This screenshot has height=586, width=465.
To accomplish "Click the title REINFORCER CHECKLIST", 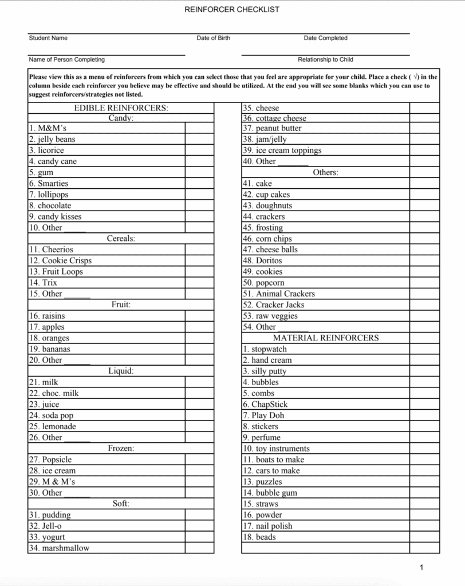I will coord(232,10).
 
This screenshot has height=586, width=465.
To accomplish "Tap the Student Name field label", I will coord(48,38).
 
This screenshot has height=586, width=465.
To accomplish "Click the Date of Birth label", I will coord(213,38).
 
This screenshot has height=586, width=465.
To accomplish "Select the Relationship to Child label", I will coord(325,60).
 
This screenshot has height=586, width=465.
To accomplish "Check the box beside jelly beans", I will coord(199,140).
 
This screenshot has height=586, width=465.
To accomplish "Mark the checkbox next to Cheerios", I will coord(199,250).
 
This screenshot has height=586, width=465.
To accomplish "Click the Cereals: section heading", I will coord(121,239).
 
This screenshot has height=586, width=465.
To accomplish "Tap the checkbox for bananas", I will coord(199,349).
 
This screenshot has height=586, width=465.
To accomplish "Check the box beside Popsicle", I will coord(199,460).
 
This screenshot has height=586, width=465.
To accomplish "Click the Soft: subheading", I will coord(121,504).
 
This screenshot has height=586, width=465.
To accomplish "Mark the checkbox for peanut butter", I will coord(424,129).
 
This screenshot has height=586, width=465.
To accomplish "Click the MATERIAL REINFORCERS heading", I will coord(326,338).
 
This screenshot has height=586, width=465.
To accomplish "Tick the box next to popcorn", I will coord(424,283).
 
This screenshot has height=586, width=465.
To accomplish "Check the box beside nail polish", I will coord(424,526).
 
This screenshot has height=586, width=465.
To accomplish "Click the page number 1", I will coord(421,568).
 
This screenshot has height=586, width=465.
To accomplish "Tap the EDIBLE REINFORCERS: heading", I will coord(121,108).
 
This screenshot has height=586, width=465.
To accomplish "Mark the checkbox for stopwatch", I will coord(424,350).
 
